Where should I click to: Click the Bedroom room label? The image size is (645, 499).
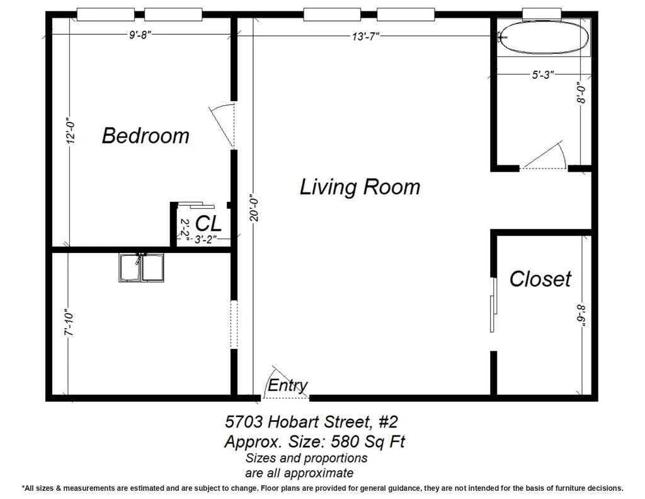coord(146,136)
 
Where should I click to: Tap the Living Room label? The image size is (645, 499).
coord(360,187)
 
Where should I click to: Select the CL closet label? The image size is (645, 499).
coord(208,223)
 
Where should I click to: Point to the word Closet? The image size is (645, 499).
coord(540,279)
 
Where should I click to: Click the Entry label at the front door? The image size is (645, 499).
coord(287,385)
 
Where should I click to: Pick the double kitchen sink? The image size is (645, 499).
coord(142,267)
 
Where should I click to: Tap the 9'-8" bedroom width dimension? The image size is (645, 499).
coord(140,35)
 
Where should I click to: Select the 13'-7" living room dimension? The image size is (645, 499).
coord(365,37)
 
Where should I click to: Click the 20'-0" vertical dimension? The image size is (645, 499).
coord(254,208)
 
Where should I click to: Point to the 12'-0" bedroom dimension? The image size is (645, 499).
coord(71,131)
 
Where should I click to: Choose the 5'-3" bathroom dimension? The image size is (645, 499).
coord(543,75)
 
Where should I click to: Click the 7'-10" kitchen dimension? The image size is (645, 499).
coord(69,322)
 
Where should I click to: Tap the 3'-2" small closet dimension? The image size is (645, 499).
coord(205,239)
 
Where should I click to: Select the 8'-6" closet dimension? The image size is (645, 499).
coord(581,316)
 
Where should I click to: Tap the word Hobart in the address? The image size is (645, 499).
coord(294,422)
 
